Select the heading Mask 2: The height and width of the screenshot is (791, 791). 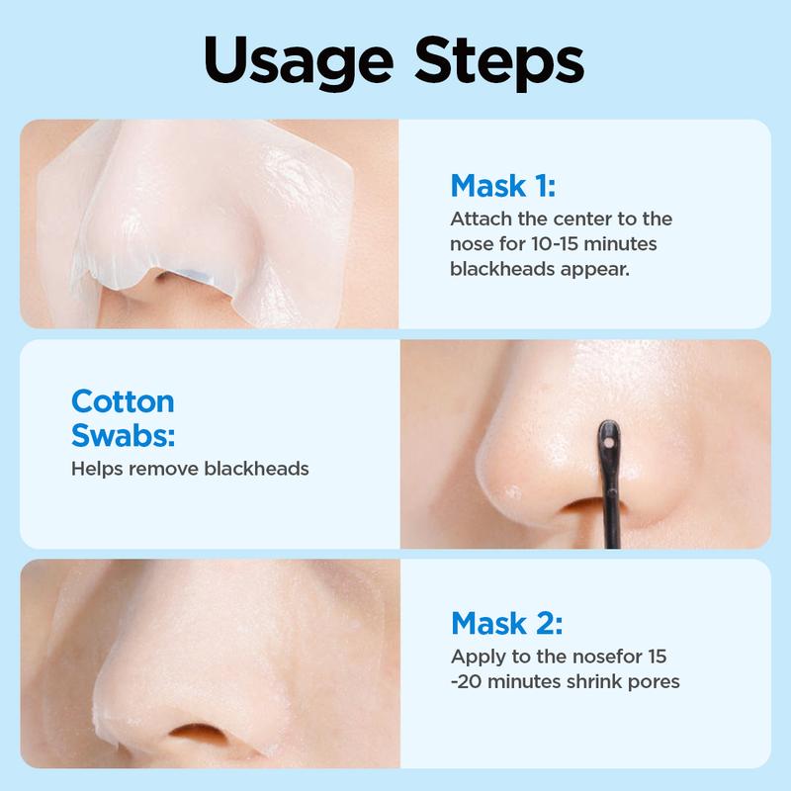pos(506,623)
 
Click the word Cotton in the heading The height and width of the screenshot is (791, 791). pos(123,401)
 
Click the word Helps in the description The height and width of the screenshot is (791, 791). pos(94,468)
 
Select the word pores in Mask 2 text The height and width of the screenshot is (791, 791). pos(652,681)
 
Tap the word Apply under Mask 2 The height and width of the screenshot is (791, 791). pos(476,656)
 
